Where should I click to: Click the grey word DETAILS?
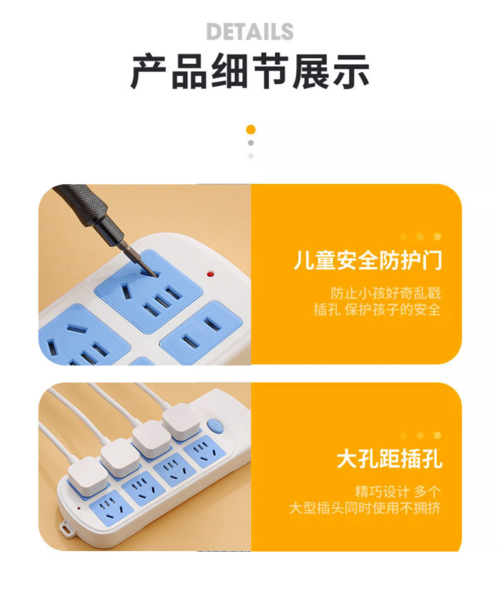pyautogui.click(x=250, y=31)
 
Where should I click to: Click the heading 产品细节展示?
pyautogui.click(x=250, y=71)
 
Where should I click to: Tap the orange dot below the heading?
pyautogui.click(x=251, y=130)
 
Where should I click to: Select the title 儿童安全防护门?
pyautogui.click(x=367, y=260)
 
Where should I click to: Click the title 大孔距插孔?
pyautogui.click(x=389, y=459)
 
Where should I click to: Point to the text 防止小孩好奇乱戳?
pyautogui.click(x=386, y=293)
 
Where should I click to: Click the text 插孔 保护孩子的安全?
pyautogui.click(x=377, y=310)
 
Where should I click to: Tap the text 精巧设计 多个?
pyautogui.click(x=398, y=491)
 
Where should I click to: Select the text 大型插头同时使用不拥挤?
pyautogui.click(x=365, y=508)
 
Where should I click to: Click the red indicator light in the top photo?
pyautogui.click(x=211, y=274)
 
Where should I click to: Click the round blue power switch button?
pyautogui.click(x=215, y=426)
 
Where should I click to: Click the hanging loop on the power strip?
pyautogui.click(x=67, y=528)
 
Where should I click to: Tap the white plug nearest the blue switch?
pyautogui.click(x=181, y=421)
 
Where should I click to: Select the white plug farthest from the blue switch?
pyautogui.click(x=87, y=476)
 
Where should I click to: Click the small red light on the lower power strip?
pyautogui.click(x=79, y=508)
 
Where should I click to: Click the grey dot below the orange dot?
pyautogui.click(x=251, y=143)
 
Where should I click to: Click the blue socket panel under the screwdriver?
pyautogui.click(x=148, y=290)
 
